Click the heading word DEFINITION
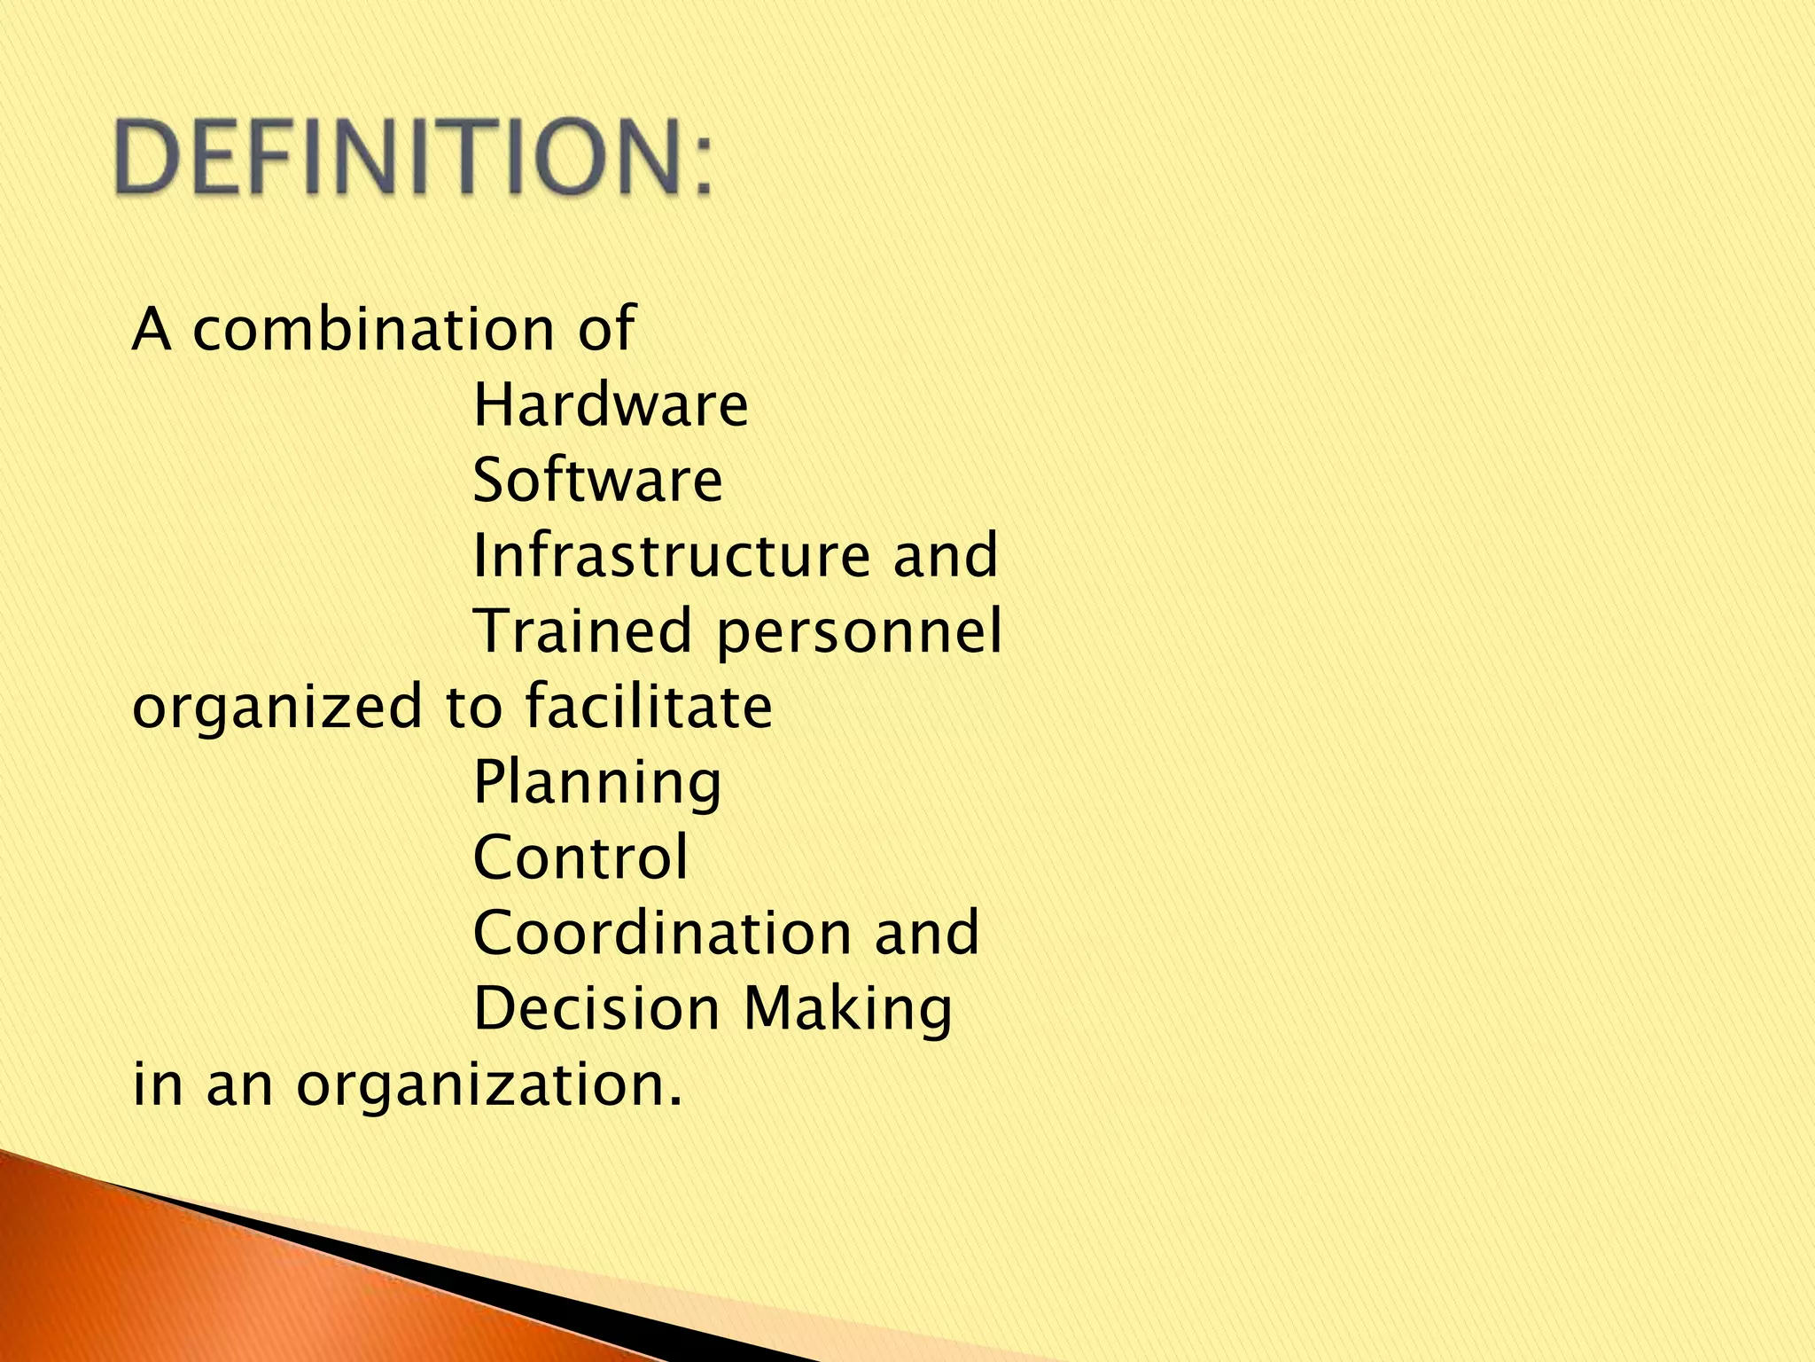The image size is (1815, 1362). [399, 158]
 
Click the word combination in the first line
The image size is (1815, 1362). [373, 329]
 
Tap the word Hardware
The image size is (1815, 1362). [611, 405]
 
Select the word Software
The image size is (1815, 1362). [598, 481]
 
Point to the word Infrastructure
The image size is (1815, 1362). [672, 555]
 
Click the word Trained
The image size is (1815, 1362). [582, 631]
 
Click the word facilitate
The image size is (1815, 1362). [649, 707]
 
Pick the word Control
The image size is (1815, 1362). [580, 857]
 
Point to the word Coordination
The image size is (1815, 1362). [662, 933]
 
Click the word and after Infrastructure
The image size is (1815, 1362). [946, 555]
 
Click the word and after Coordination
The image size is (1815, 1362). [927, 933]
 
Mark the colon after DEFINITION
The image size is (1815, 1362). [703, 168]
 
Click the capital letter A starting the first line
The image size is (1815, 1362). [152, 329]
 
